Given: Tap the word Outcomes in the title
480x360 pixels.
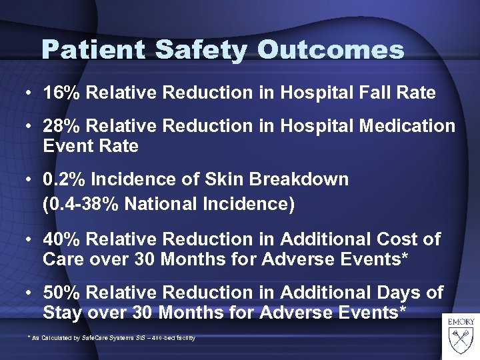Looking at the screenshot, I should (331, 50).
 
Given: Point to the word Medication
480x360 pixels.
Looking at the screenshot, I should (406, 126).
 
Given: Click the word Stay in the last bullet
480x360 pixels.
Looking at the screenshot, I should (61, 311).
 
